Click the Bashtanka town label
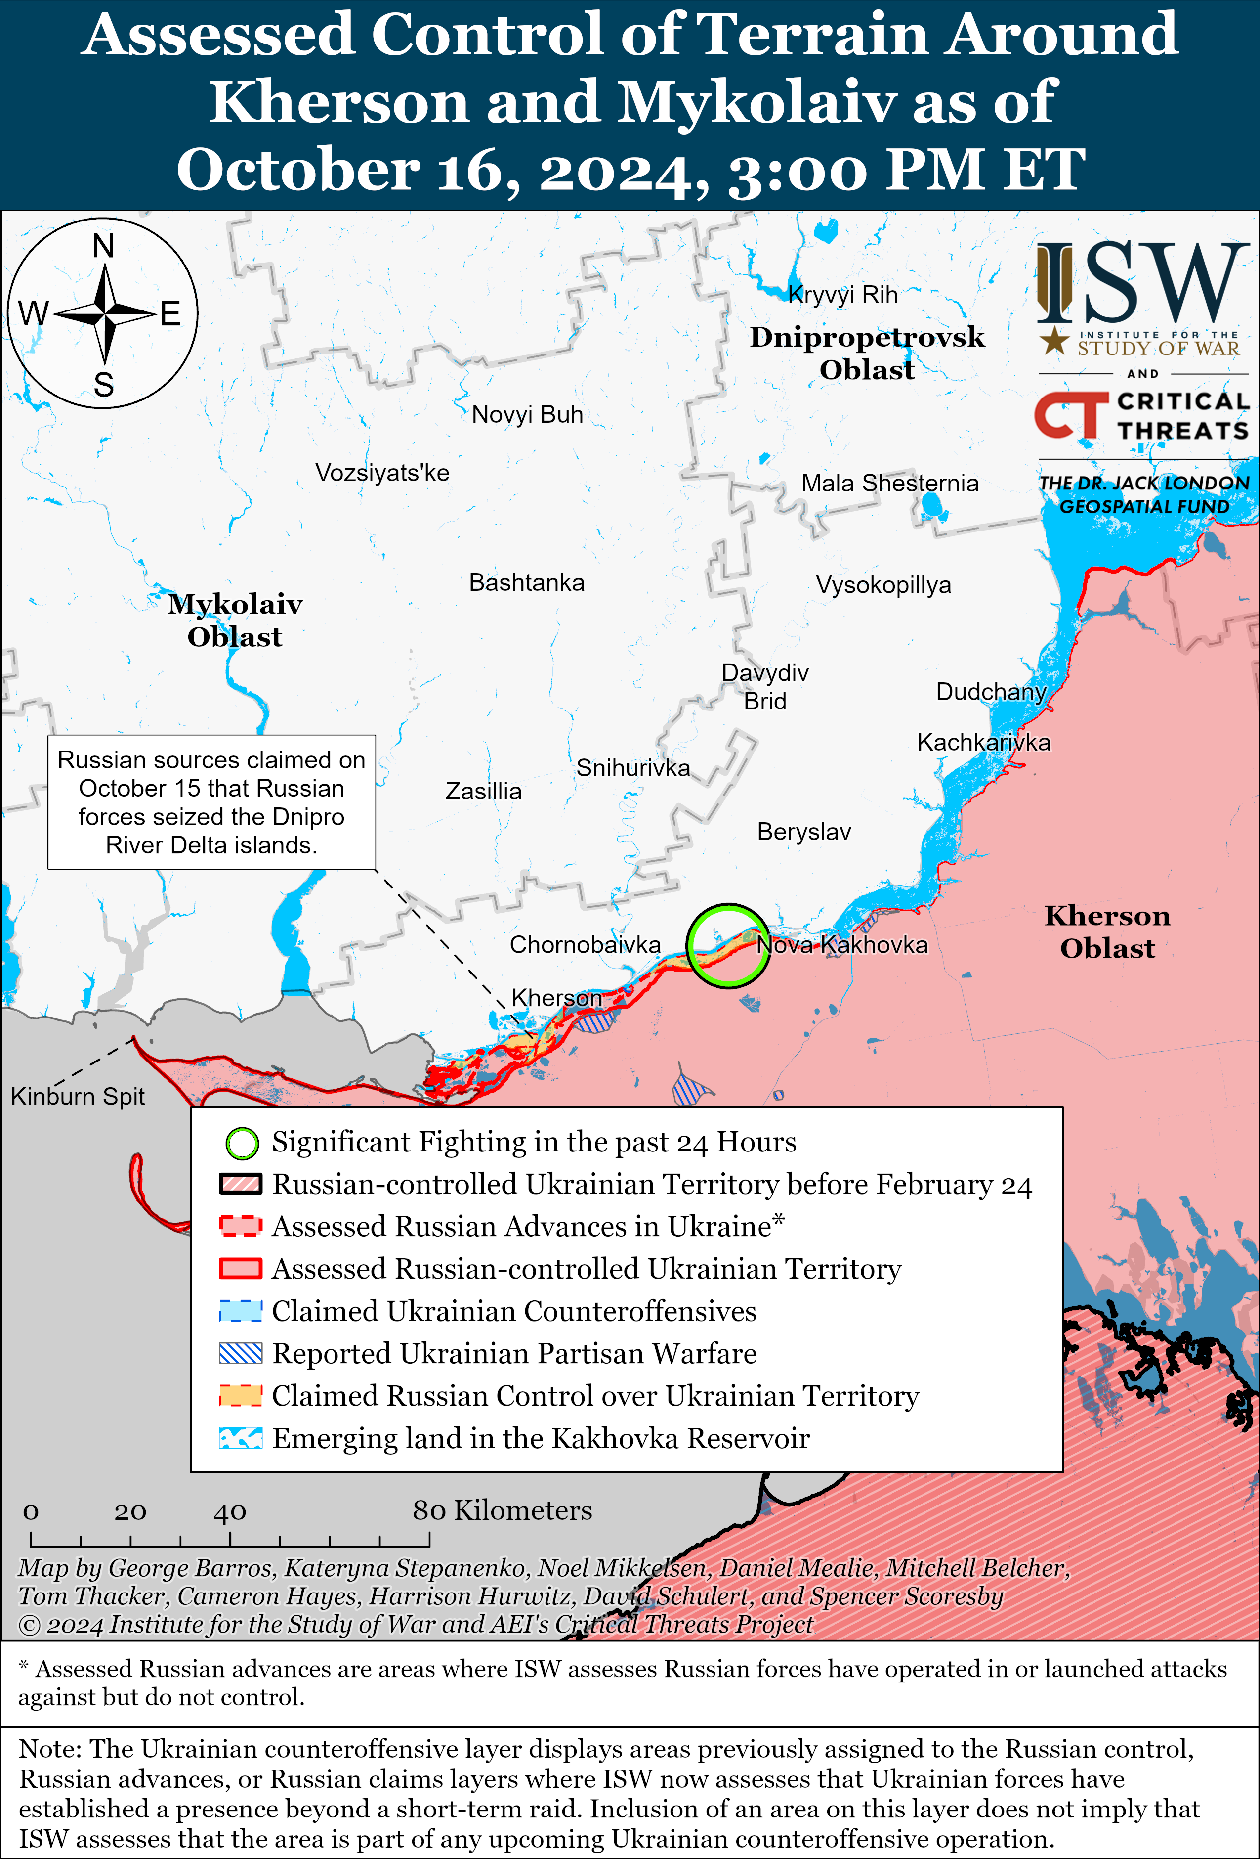coord(526,582)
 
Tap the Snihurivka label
coord(632,768)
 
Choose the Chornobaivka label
coord(585,945)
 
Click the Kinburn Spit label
coord(78,1096)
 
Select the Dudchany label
coord(991,692)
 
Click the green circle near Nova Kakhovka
coord(727,946)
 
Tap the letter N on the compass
coord(103,246)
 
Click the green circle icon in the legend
coord(242,1143)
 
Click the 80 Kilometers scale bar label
coord(502,1510)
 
